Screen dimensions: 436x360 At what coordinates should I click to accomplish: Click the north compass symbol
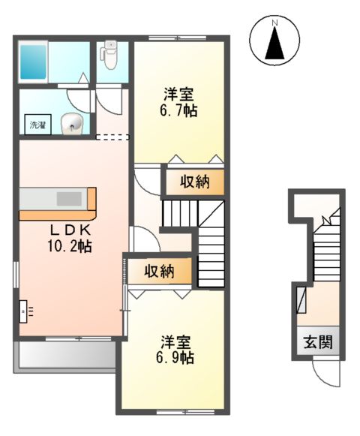pyautogui.click(x=274, y=41)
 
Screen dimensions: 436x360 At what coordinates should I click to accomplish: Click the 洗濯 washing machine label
pyautogui.click(x=37, y=125)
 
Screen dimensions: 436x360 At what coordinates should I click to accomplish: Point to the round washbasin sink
pyautogui.click(x=72, y=124)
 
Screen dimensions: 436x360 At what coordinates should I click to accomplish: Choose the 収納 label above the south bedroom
pyautogui.click(x=160, y=271)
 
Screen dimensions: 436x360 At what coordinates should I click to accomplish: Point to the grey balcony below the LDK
pyautogui.click(x=65, y=357)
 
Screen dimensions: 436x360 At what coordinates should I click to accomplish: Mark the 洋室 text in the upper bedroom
pyautogui.click(x=179, y=95)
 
